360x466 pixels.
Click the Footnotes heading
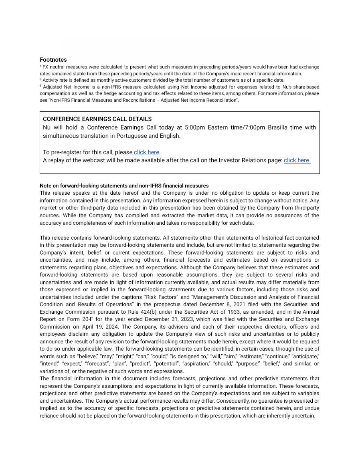point(53,60)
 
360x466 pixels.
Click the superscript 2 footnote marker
point(41,79)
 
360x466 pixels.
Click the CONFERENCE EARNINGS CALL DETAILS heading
point(97,119)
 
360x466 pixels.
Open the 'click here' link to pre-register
point(146,152)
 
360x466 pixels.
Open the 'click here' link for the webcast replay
point(297,160)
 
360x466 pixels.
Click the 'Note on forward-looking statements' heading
point(124,186)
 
